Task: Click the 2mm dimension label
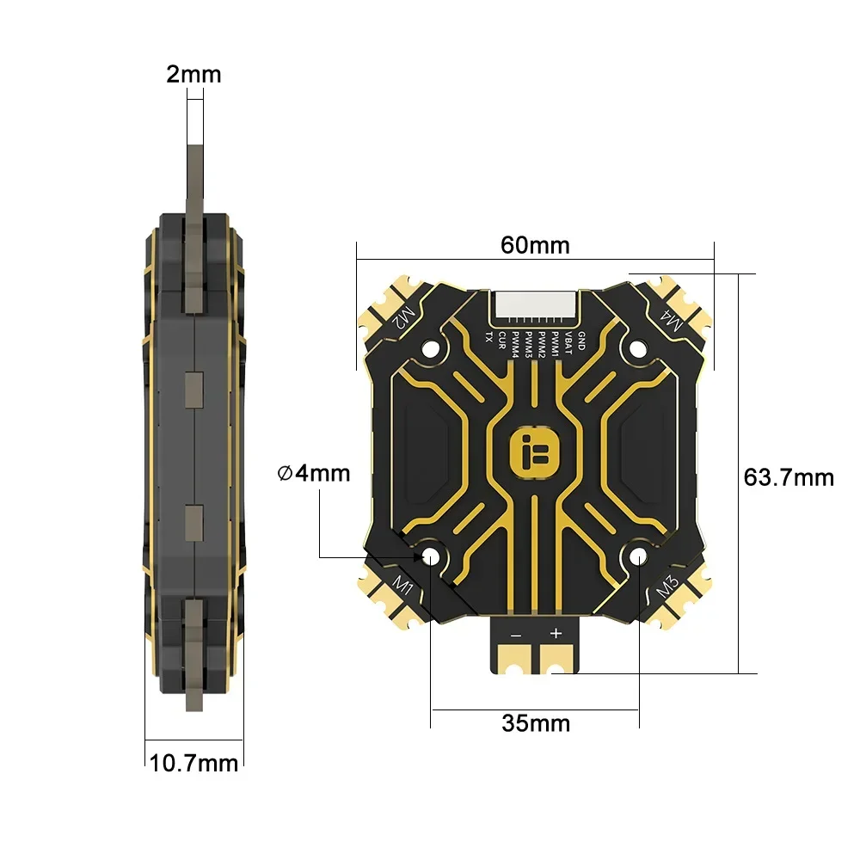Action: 193,75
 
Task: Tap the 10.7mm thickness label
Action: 193,762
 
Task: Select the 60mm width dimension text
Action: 535,245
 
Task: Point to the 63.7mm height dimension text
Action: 789,476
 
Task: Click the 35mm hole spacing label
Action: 536,723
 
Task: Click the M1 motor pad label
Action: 402,587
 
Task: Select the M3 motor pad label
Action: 668,589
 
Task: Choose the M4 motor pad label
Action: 671,321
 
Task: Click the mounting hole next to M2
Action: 432,347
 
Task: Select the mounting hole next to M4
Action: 637,347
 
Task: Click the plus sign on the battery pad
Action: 556,634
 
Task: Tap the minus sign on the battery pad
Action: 514,634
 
